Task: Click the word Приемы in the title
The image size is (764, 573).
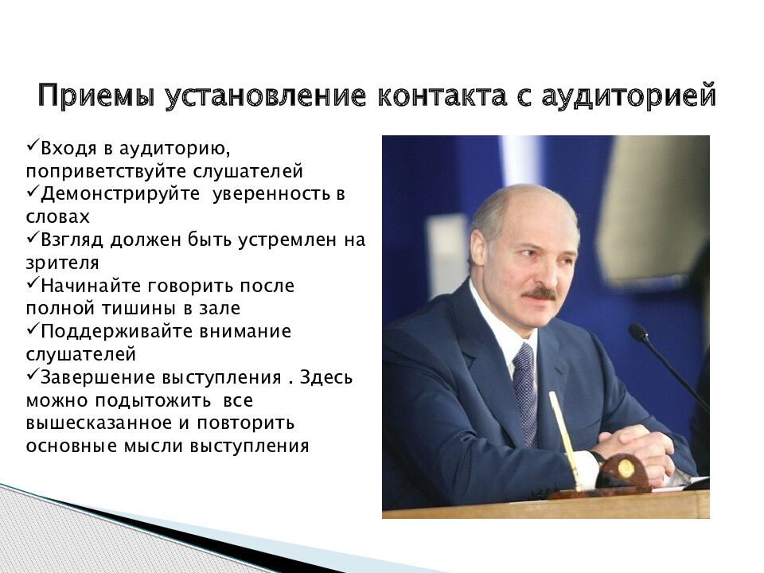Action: coord(96,95)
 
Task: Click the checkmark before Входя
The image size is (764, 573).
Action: coord(33,145)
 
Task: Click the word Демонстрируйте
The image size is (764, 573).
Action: coord(120,194)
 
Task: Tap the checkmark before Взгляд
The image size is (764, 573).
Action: coord(33,237)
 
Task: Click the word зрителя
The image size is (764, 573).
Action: coord(62,263)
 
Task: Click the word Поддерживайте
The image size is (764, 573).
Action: coord(118,331)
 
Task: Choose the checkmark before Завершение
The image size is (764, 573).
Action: coord(33,374)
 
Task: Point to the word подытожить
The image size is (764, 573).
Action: coord(153,401)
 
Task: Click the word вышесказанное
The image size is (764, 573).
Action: coord(101,423)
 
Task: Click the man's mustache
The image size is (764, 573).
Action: coord(540,294)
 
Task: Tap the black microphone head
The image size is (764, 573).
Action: coord(638,333)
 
